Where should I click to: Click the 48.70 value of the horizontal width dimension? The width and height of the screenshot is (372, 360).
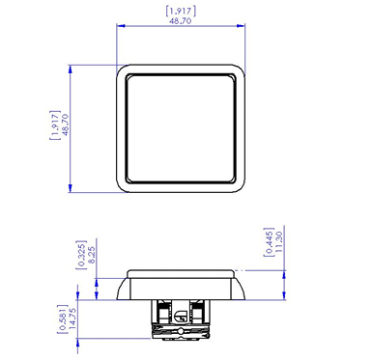(x=181, y=21)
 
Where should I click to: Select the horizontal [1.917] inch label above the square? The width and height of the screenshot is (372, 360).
(x=181, y=11)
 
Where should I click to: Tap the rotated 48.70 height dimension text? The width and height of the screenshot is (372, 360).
(x=65, y=125)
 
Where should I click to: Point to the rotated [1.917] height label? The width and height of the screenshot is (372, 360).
(x=55, y=125)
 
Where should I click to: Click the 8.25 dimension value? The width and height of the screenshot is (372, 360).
(x=91, y=255)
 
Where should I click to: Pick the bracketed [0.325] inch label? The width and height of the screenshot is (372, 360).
(x=81, y=255)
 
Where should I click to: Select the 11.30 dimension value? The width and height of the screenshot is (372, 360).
(x=279, y=241)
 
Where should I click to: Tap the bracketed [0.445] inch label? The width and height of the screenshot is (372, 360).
(x=269, y=242)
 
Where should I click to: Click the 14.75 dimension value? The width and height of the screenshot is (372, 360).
(x=72, y=318)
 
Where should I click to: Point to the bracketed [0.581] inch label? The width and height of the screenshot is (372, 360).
(x=63, y=318)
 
